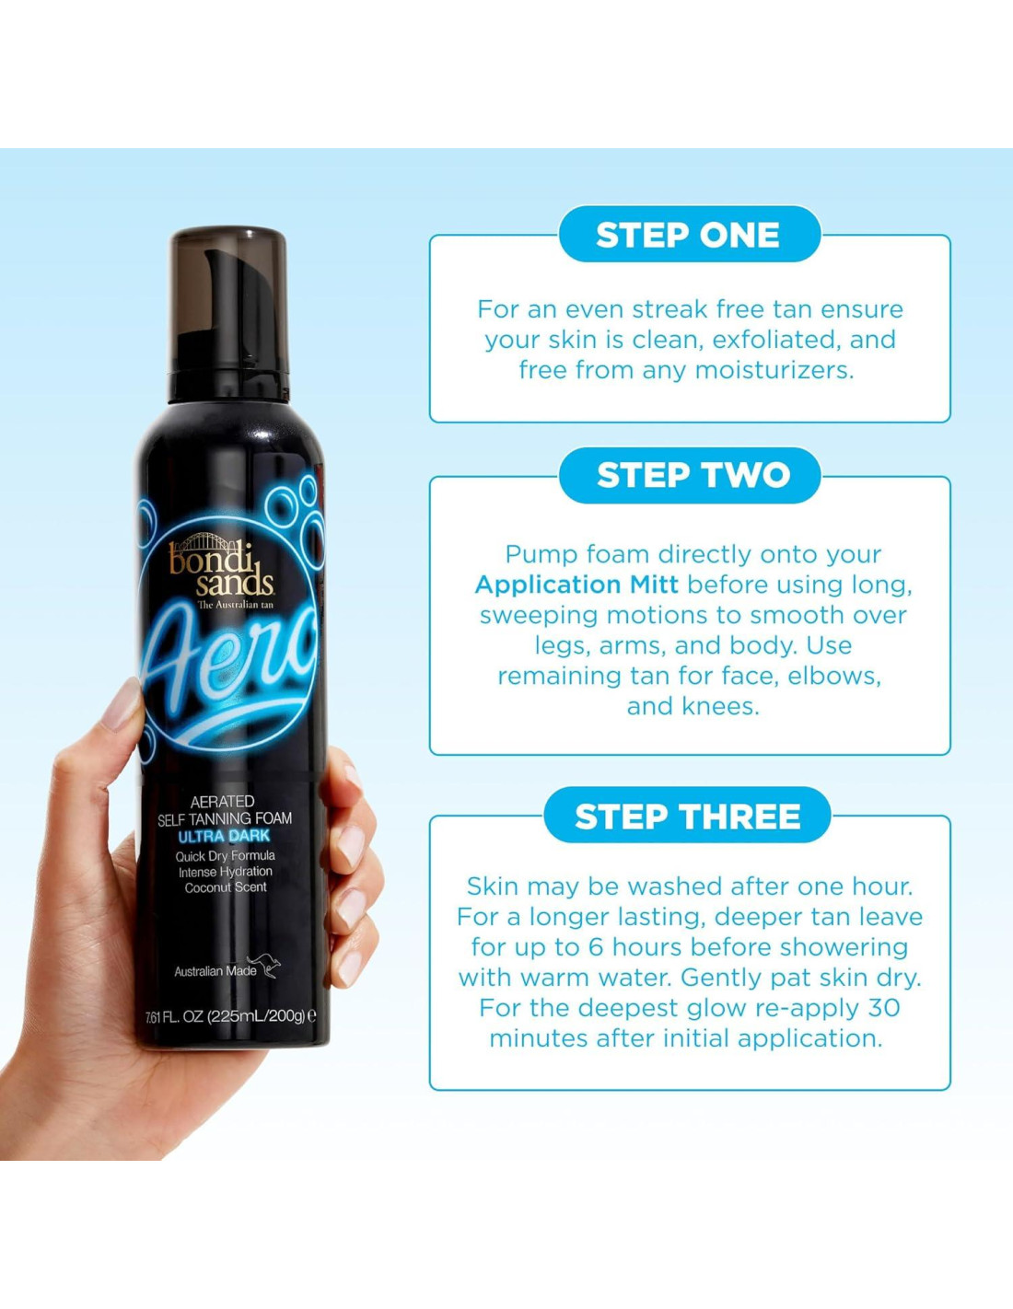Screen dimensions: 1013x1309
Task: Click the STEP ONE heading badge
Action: click(x=690, y=234)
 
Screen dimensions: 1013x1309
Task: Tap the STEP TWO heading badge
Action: click(x=690, y=475)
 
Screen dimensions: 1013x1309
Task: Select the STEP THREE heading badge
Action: click(x=687, y=817)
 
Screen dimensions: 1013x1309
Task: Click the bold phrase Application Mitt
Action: click(x=576, y=585)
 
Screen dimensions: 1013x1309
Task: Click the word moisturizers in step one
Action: click(x=774, y=370)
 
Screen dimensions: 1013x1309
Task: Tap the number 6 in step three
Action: click(x=596, y=947)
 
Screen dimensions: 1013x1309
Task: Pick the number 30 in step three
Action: click(x=884, y=1007)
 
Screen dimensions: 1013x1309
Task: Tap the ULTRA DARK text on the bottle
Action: click(x=224, y=837)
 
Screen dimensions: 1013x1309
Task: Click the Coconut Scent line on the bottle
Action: click(x=226, y=887)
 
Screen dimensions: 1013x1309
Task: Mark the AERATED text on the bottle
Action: click(x=222, y=802)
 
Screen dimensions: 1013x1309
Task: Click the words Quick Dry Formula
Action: click(x=225, y=856)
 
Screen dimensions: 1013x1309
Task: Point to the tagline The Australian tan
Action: click(x=235, y=605)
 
